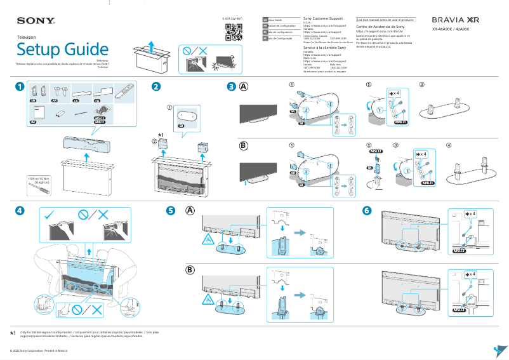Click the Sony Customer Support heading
[x=324, y=18]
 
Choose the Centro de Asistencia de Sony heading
[x=380, y=27]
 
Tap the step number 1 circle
[x=20, y=87]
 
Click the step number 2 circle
[x=155, y=87]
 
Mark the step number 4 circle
[x=20, y=210]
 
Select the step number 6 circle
[x=367, y=210]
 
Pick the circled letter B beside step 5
[x=190, y=270]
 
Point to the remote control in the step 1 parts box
[x=126, y=91]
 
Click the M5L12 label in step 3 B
[x=376, y=151]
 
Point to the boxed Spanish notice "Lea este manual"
[x=386, y=20]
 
